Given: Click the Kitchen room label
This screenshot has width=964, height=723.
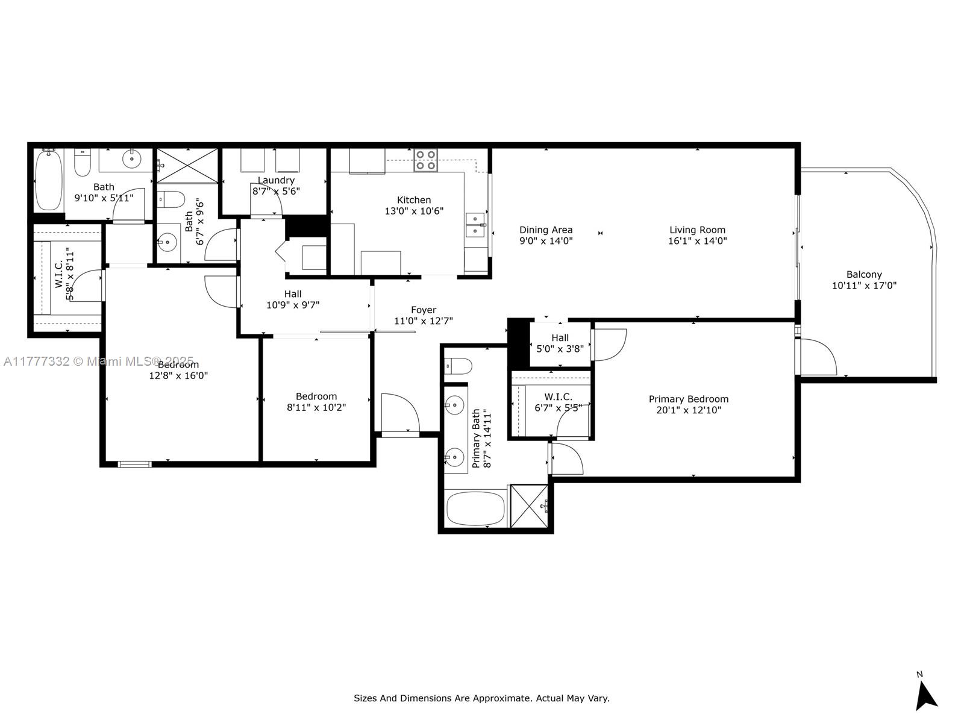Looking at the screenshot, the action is pyautogui.click(x=414, y=200).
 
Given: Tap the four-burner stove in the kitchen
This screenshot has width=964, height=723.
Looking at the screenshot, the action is pyautogui.click(x=425, y=160).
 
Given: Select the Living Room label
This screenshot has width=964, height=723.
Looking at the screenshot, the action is pyautogui.click(x=697, y=230).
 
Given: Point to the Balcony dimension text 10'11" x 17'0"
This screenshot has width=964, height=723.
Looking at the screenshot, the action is pyautogui.click(x=864, y=286).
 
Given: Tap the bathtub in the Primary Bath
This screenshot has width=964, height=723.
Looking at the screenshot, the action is pyautogui.click(x=475, y=509).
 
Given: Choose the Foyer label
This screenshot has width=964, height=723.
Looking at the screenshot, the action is pyautogui.click(x=424, y=310).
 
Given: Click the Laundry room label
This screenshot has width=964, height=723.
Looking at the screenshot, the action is pyautogui.click(x=276, y=180).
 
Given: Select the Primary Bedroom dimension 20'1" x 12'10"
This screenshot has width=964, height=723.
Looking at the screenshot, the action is pyautogui.click(x=688, y=410).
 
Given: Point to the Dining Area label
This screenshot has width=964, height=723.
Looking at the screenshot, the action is pyautogui.click(x=546, y=230).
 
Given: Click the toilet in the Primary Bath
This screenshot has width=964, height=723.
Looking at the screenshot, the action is pyautogui.click(x=458, y=366).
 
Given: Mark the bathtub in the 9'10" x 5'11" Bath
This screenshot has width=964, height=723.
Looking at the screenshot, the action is pyautogui.click(x=48, y=180).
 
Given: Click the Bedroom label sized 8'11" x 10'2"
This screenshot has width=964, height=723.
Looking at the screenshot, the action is pyautogui.click(x=316, y=396).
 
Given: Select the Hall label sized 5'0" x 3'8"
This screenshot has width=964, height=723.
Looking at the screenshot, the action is pyautogui.click(x=560, y=337).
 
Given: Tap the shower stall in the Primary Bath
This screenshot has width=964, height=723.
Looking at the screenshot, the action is pyautogui.click(x=529, y=506).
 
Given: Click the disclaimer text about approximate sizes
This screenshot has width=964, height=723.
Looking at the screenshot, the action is pyautogui.click(x=481, y=698).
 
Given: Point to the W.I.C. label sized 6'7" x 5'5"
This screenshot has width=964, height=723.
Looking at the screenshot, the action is pyautogui.click(x=558, y=397).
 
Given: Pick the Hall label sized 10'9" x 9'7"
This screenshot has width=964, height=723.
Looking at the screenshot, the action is pyautogui.click(x=292, y=293).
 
